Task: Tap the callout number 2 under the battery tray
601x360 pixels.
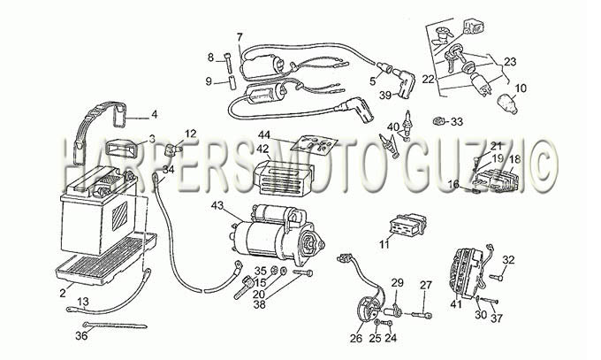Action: pyautogui.click(x=63, y=294)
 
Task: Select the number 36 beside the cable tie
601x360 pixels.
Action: pyautogui.click(x=81, y=335)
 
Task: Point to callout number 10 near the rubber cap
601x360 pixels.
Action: pyautogui.click(x=521, y=88)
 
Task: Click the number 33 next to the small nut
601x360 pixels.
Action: pyautogui.click(x=457, y=122)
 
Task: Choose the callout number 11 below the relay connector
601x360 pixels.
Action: pyautogui.click(x=384, y=244)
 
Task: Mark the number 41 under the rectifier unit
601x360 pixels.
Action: pyautogui.click(x=456, y=305)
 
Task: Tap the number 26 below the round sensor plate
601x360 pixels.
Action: pyautogui.click(x=356, y=338)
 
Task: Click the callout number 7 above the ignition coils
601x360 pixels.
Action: pyautogui.click(x=240, y=38)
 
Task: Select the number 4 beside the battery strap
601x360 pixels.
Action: pyautogui.click(x=155, y=114)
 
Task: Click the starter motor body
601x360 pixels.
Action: pyautogui.click(x=277, y=235)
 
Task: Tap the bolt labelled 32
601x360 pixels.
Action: pyautogui.click(x=496, y=277)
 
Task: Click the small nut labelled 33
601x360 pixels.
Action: pyautogui.click(x=437, y=122)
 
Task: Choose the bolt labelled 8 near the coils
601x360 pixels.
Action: pyautogui.click(x=229, y=62)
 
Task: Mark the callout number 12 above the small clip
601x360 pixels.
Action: pyautogui.click(x=190, y=134)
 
